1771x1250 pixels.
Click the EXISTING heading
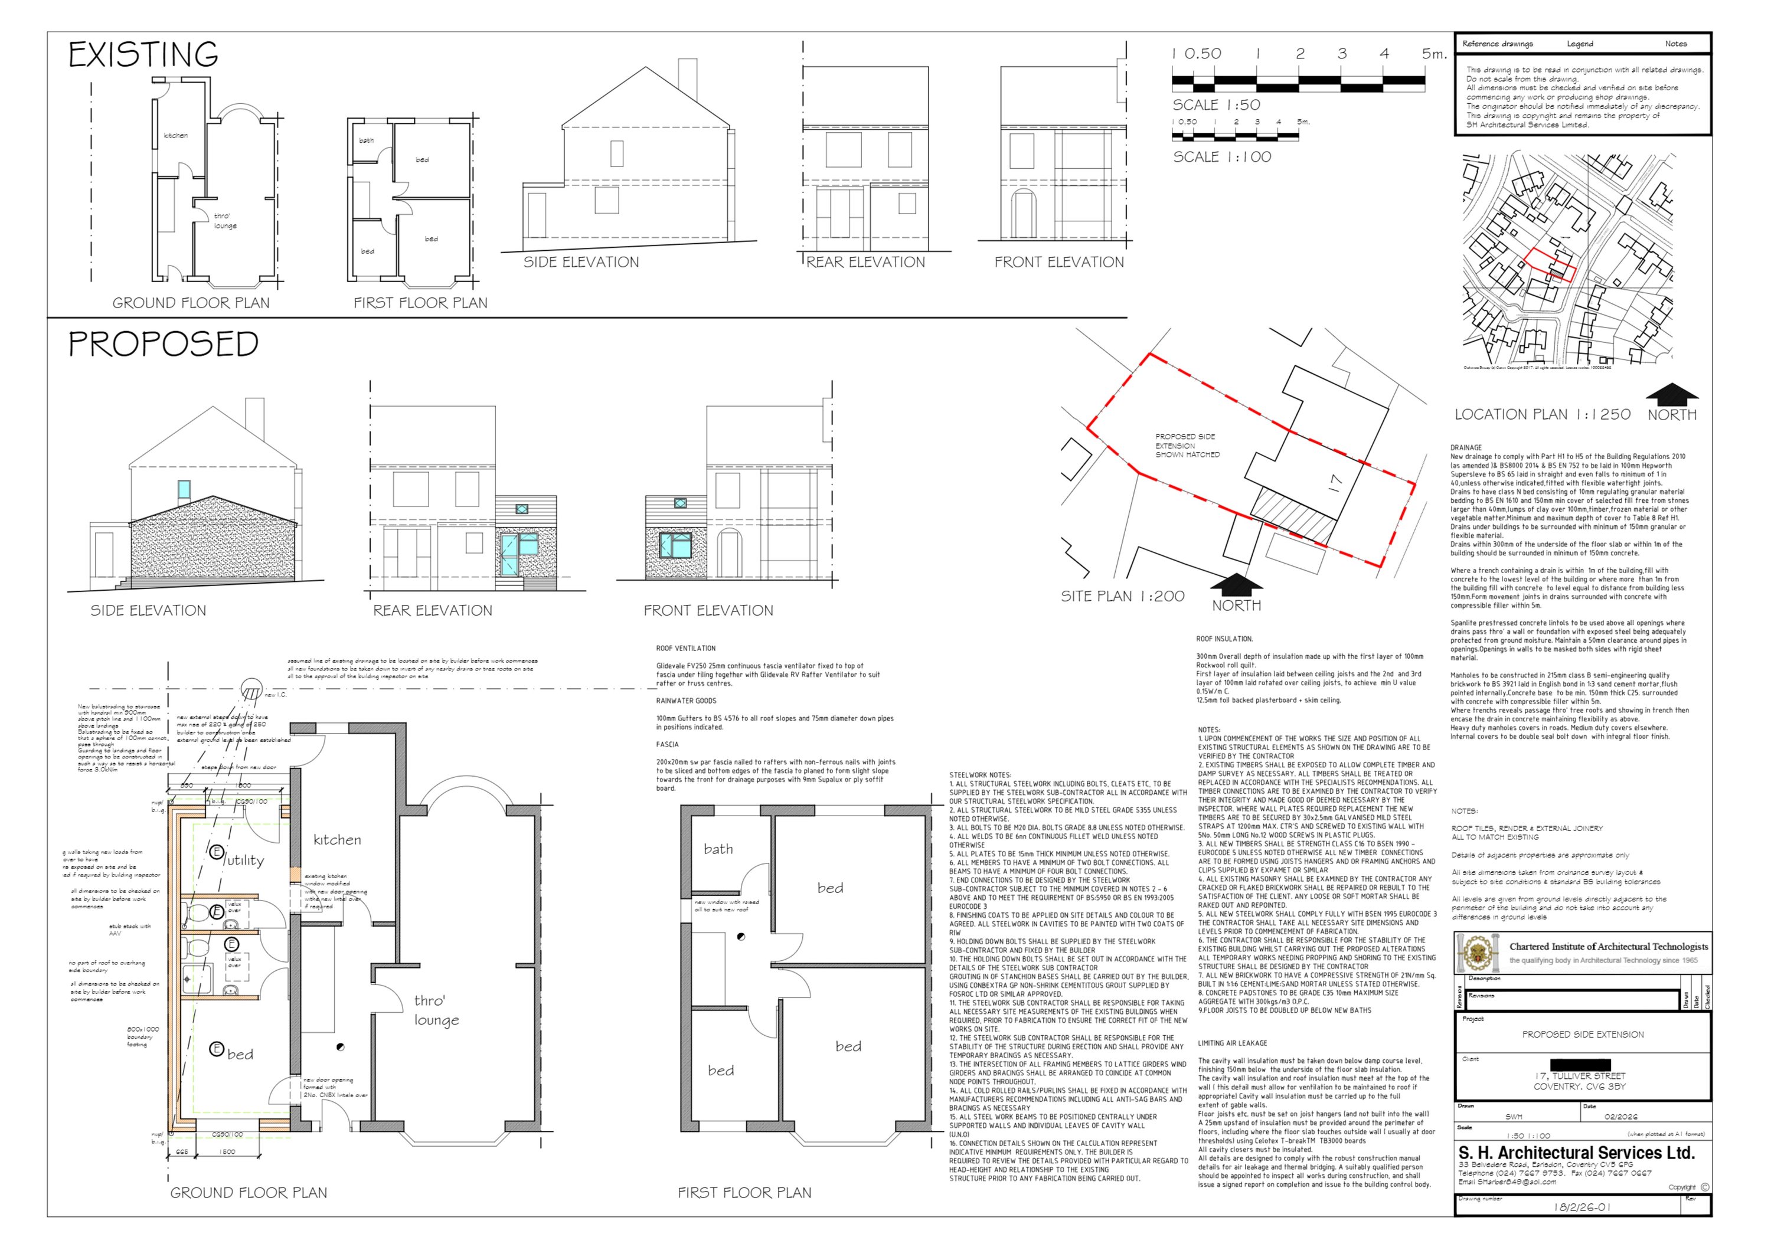click(x=143, y=55)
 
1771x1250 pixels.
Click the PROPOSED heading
click(x=164, y=344)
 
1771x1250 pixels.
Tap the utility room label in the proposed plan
click(x=244, y=860)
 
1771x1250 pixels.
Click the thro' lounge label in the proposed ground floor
click(x=436, y=1010)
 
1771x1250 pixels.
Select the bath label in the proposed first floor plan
click(x=717, y=849)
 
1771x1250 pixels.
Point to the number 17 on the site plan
click(x=1335, y=483)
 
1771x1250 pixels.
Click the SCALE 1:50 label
click(x=1217, y=105)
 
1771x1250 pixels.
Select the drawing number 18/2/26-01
click(x=1582, y=1207)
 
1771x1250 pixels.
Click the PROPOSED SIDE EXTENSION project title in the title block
click(x=1583, y=1034)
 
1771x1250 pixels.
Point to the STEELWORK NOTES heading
click(x=979, y=775)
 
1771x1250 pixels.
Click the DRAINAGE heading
click(x=1466, y=447)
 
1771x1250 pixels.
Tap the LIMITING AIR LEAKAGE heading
click(x=1232, y=1043)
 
